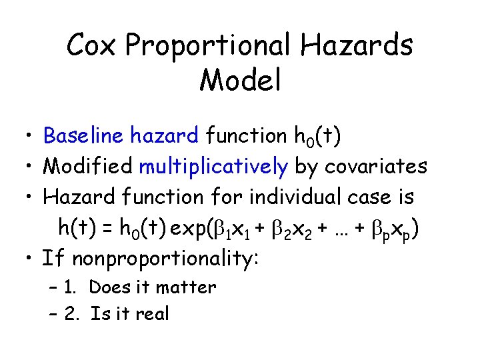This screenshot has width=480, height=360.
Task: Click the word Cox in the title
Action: pyautogui.click(x=92, y=46)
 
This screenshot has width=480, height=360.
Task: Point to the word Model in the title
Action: pyautogui.click(x=239, y=79)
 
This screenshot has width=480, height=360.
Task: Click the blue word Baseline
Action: pyautogui.click(x=83, y=136)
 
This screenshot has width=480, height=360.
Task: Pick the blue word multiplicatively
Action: pyautogui.click(x=213, y=167)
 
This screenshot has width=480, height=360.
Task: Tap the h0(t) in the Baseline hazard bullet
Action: pyautogui.click(x=317, y=137)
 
